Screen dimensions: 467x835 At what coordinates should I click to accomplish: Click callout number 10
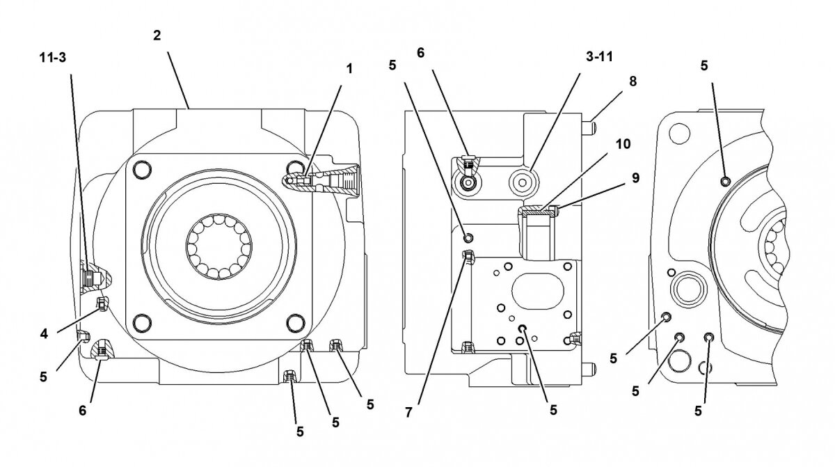click(x=623, y=144)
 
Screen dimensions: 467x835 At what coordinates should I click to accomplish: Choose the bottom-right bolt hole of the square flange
click(x=296, y=322)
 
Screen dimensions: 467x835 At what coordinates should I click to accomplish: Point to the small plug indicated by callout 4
click(x=102, y=303)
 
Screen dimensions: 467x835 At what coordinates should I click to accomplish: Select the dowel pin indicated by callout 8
click(x=589, y=127)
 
